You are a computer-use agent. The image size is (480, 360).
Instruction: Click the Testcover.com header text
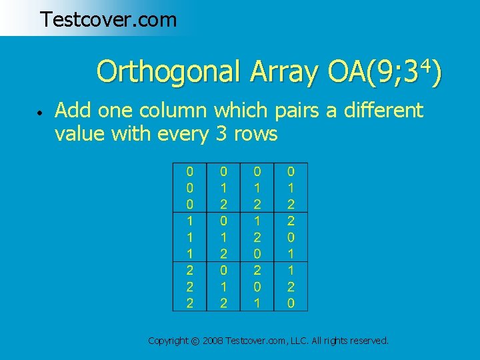coord(108,19)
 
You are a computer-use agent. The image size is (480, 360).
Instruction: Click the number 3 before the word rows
coord(222,134)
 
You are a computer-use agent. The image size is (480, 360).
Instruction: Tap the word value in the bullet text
coord(80,134)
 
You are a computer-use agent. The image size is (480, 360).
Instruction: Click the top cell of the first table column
coord(190,171)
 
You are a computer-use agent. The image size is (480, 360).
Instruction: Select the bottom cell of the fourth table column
coord(291,303)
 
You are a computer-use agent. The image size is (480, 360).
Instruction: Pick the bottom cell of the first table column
coord(190,303)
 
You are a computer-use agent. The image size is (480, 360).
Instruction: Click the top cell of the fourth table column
coord(291,171)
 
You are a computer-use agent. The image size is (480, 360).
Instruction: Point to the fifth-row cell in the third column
coord(257,237)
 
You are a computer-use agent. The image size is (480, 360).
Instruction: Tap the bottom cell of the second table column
coord(224,303)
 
